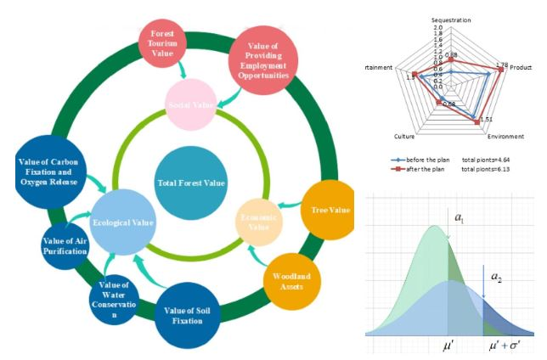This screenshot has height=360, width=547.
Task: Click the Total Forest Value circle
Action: tap(190, 183)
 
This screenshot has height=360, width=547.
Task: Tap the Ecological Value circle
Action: tap(124, 222)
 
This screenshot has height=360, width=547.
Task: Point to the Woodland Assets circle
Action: tap(291, 280)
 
